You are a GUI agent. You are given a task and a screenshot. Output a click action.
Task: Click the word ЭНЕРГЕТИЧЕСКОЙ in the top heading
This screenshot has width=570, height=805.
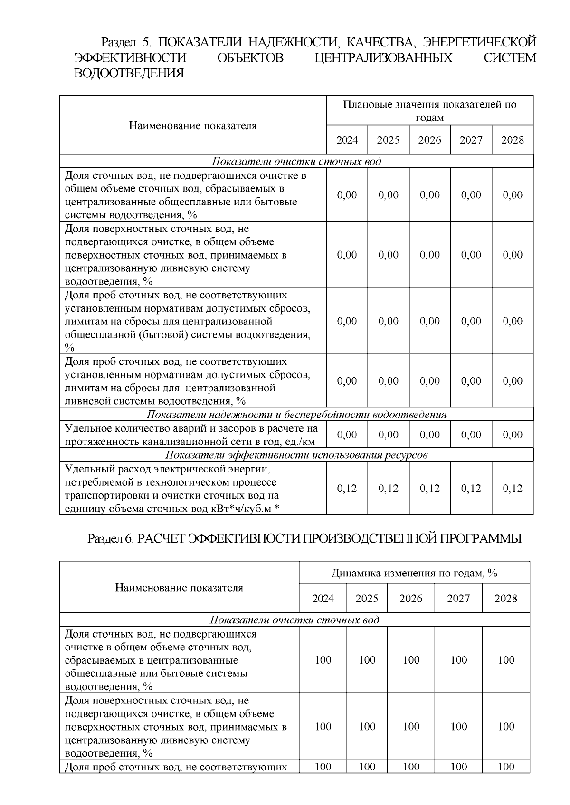coord(480,42)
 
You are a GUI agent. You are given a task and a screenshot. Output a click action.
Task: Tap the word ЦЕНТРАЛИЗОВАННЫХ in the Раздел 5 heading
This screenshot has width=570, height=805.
coord(383,58)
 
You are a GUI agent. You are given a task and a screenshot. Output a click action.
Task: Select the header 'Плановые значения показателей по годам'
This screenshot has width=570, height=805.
coord(429,111)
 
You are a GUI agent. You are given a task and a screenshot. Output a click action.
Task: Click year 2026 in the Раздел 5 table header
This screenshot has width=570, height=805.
coord(429,140)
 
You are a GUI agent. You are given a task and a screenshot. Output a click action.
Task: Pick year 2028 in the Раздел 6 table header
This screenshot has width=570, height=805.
coord(505,598)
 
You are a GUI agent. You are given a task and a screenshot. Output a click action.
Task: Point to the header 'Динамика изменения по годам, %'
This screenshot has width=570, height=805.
coord(414,573)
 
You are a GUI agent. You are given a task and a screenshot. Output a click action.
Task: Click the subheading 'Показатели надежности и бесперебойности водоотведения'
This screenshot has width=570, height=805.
coord(296,415)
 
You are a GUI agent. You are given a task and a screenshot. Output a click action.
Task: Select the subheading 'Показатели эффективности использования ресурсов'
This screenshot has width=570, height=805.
coord(296,455)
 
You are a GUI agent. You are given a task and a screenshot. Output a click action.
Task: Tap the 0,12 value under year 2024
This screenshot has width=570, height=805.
coord(347,489)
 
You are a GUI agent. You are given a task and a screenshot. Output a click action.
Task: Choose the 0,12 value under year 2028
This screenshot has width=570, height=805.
coord(513,489)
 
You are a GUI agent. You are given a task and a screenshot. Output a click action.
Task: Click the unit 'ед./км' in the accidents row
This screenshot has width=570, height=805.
coord(299,442)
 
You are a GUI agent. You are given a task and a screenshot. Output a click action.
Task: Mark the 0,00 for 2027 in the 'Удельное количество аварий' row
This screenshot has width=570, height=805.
coord(471,435)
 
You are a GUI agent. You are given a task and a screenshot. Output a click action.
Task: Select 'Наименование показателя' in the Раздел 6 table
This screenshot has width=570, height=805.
coord(179,588)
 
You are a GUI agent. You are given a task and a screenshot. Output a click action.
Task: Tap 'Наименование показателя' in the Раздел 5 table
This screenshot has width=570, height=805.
coord(192,126)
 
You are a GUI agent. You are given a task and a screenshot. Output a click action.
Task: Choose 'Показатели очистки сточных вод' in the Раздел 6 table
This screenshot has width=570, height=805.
coord(294,620)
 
